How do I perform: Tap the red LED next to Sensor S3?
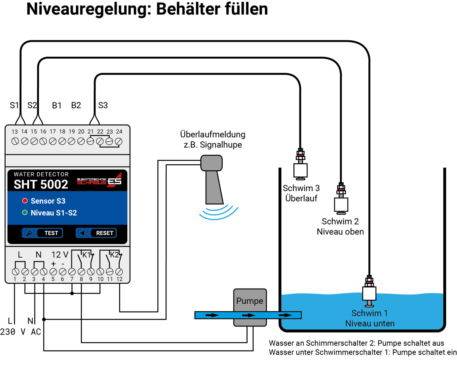point(25,201)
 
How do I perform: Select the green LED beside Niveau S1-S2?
point(25,212)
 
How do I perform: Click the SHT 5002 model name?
point(41,184)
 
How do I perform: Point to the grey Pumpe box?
point(250,301)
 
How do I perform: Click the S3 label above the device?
point(103,105)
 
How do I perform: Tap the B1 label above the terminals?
point(57,106)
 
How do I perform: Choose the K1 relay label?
point(86,255)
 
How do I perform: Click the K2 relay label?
point(114,255)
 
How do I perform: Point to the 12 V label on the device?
point(60,254)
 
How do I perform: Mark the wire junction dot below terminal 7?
point(72,293)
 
